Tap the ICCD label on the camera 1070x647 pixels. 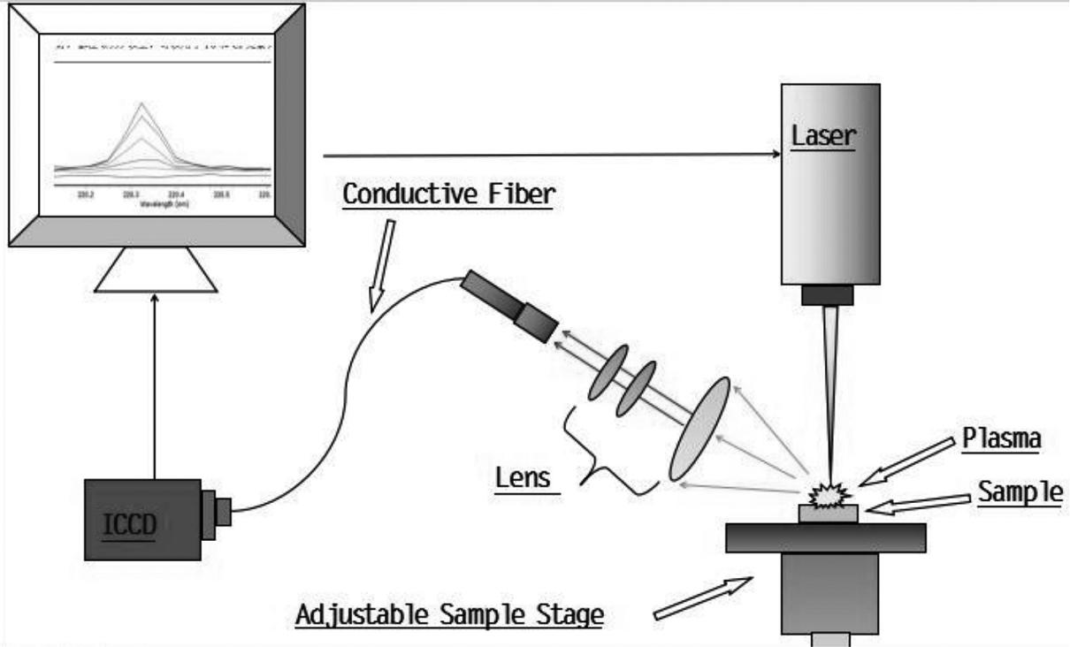[x=132, y=525]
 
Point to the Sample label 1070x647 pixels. [x=1020, y=492]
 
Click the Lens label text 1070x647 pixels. [x=523, y=479]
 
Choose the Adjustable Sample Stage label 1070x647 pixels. [x=449, y=613]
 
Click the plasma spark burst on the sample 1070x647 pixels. [x=829, y=493]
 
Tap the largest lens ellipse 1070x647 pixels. [x=700, y=429]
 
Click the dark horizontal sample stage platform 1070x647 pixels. [x=825, y=537]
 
